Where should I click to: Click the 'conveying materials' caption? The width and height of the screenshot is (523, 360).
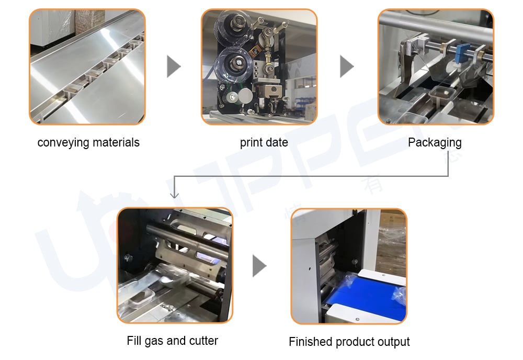pos(88,142)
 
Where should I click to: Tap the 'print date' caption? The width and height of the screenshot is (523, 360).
pos(264,142)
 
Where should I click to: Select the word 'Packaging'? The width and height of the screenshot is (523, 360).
pos(435,142)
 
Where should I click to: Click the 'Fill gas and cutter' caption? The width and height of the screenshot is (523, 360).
pos(172,341)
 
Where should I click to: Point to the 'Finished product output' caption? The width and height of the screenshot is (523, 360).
pos(349,342)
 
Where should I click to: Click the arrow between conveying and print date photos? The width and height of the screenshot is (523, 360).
pos(174,66)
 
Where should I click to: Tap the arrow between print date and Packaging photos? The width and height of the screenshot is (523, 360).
pos(347,66)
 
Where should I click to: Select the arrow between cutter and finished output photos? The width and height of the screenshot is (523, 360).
pos(259,266)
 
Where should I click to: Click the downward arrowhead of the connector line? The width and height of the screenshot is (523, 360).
pos(175,195)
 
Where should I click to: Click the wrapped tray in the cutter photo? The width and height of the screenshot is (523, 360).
pos(142,297)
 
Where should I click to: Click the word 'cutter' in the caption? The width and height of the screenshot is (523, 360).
pos(203,341)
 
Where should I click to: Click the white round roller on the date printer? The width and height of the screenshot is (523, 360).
pos(245,95)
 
